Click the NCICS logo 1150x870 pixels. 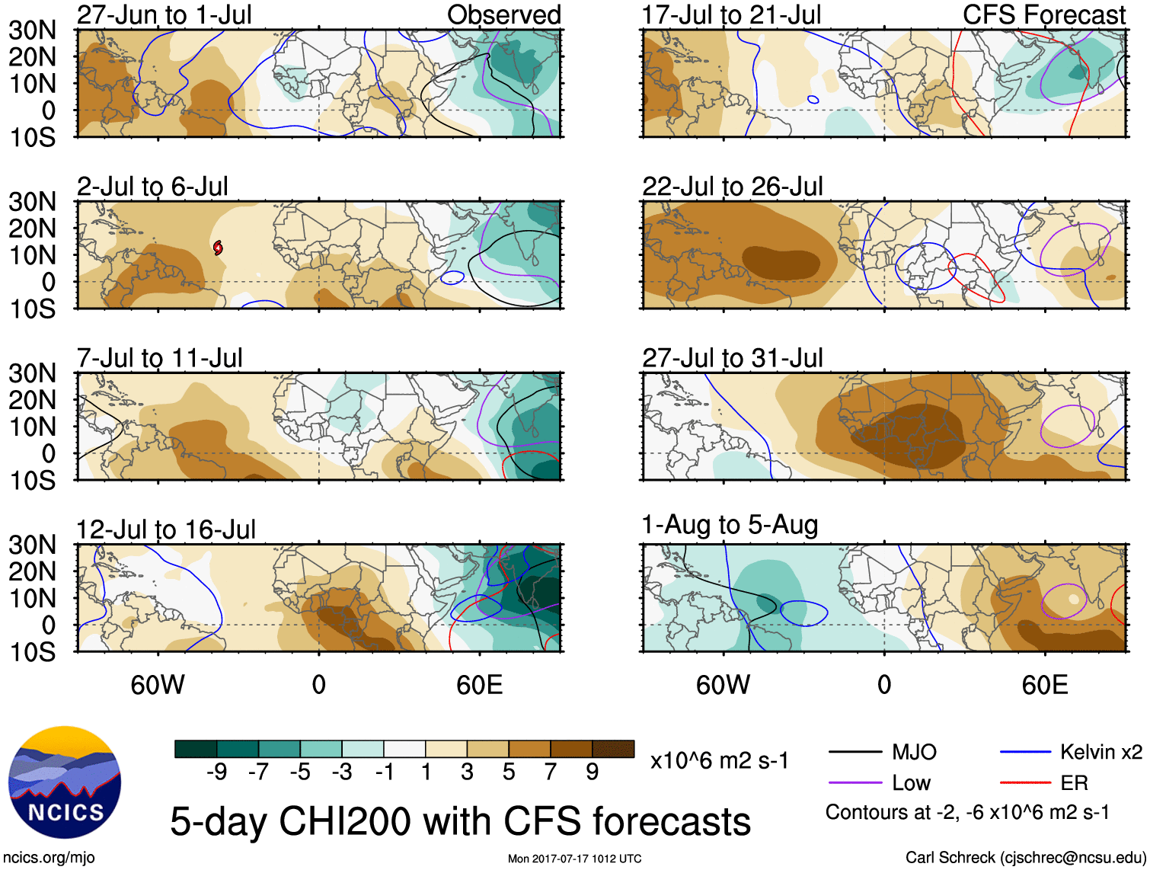[65, 782]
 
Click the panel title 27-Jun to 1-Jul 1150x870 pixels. [164, 15]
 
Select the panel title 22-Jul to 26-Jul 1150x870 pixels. [732, 187]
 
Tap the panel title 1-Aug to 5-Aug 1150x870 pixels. [730, 525]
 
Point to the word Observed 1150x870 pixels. [503, 15]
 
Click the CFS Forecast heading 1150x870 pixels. [1043, 15]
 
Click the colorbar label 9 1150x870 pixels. [593, 772]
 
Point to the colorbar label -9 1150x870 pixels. [216, 772]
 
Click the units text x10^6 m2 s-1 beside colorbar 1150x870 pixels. [719, 761]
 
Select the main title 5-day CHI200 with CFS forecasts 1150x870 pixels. [460, 821]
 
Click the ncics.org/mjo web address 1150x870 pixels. [49, 858]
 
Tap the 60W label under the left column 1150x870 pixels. [158, 685]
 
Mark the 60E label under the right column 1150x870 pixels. [1044, 685]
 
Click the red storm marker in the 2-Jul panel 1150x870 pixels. [218, 248]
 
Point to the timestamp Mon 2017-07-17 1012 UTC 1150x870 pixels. [574, 859]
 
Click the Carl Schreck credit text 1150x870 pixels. [1025, 858]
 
